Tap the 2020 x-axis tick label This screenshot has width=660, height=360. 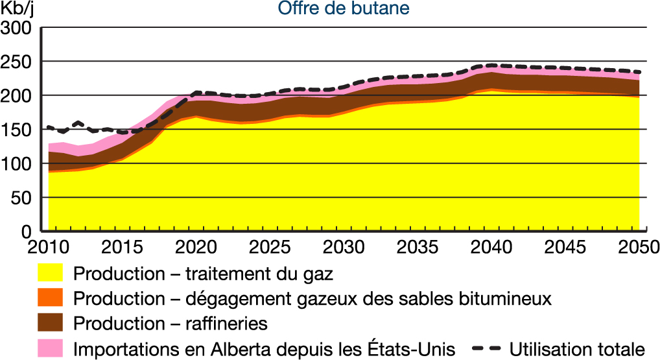pos(196,247)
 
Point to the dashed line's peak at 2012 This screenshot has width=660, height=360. pos(78,123)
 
